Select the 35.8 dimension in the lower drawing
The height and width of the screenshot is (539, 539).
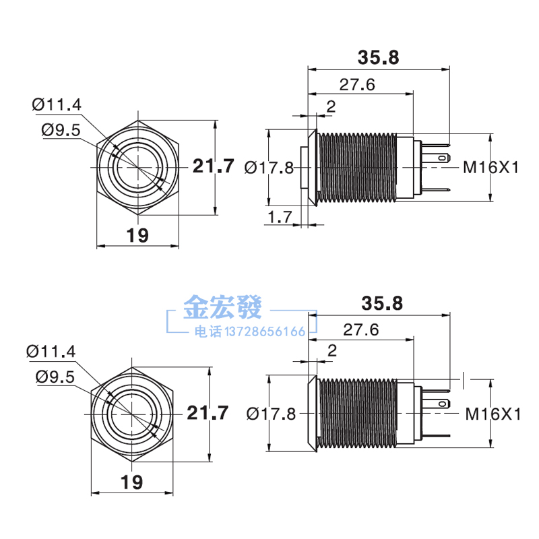382,303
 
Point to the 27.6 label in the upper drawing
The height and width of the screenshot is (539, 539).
356,84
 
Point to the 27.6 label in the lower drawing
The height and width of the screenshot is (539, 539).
360,329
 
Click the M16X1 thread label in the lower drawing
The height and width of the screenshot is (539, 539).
494,414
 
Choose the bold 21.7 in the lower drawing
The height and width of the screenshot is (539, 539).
208,412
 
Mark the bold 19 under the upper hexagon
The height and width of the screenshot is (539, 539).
137,234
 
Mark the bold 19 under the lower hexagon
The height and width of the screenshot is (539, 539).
132,481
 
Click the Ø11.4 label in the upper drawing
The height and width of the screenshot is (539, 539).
57,104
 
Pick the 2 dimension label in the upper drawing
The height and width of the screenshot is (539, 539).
331,105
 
